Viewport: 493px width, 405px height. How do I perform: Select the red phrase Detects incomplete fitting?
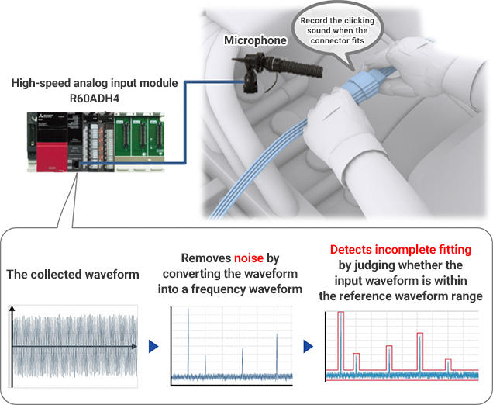[400, 250]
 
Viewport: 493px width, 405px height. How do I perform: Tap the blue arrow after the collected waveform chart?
[153, 344]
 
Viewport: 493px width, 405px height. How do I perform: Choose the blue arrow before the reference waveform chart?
[309, 344]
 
